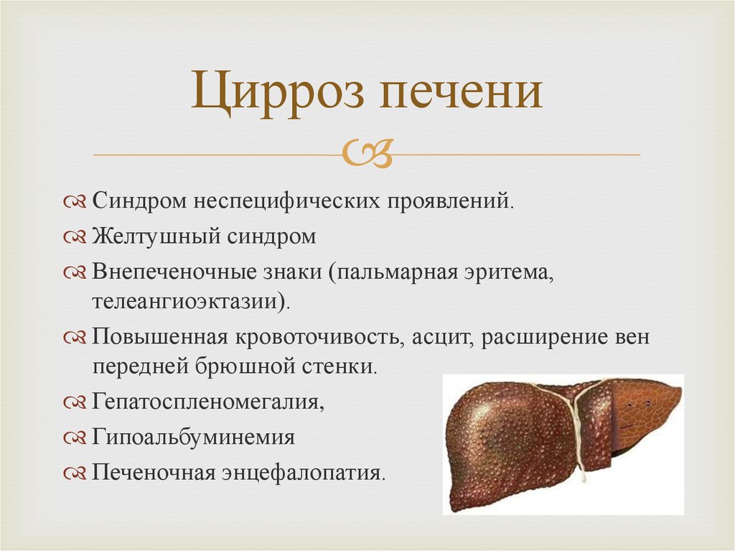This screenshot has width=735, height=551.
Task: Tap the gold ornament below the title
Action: point(367,153)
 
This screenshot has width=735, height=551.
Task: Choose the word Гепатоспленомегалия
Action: point(207,402)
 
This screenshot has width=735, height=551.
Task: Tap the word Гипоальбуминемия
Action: point(194,437)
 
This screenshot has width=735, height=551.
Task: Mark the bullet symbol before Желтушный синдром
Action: point(75,237)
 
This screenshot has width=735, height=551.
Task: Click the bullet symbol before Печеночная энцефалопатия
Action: point(75,473)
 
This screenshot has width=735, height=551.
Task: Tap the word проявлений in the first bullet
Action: point(450,201)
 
